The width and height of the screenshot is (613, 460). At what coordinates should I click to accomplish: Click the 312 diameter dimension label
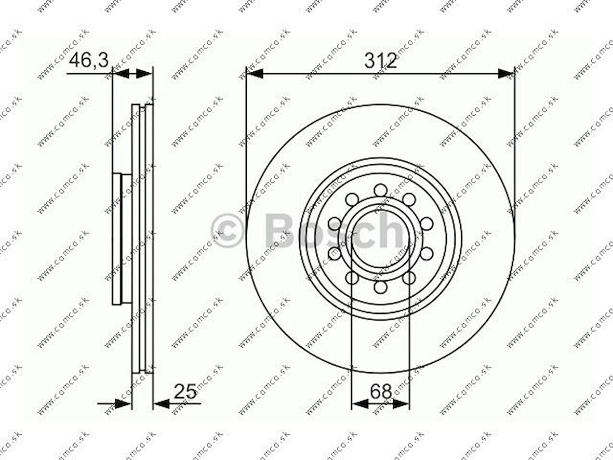pyautogui.click(x=380, y=61)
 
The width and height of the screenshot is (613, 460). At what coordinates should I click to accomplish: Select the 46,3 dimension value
pyautogui.click(x=88, y=61)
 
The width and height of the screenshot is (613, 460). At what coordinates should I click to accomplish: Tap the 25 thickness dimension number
pyautogui.click(x=185, y=391)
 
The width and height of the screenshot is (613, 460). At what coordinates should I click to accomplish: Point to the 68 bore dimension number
pyautogui.click(x=381, y=391)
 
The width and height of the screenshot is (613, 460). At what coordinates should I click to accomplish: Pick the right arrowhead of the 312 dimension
pyautogui.click(x=506, y=73)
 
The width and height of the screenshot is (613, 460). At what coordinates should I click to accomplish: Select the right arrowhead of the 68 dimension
pyautogui.click(x=401, y=403)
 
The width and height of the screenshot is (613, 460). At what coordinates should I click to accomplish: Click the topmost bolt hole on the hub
pyautogui.click(x=380, y=190)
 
